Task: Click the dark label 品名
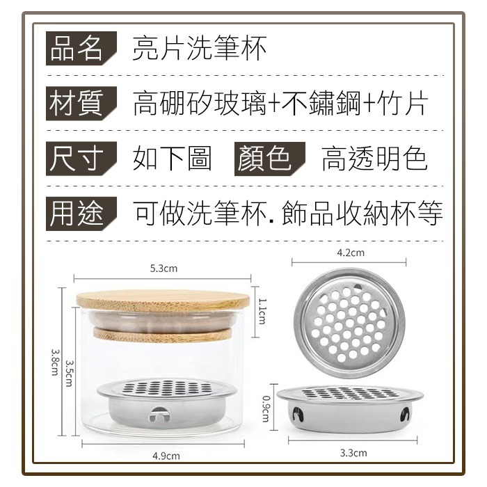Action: pyautogui.click(x=81, y=48)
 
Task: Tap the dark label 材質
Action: pyautogui.click(x=81, y=104)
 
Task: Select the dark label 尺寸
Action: pyautogui.click(x=81, y=159)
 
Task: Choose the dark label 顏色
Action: pyautogui.click(x=270, y=159)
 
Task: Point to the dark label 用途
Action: pyautogui.click(x=81, y=214)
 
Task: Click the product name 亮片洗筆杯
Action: pyautogui.click(x=200, y=48)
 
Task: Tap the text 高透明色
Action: pyautogui.click(x=374, y=159)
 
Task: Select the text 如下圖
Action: pyautogui.click(x=173, y=159)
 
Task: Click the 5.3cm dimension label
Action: pyautogui.click(x=163, y=269)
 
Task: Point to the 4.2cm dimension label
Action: pyautogui.click(x=351, y=253)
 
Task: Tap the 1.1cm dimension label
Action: pyautogui.click(x=262, y=311)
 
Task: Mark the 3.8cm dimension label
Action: pyautogui.click(x=55, y=362)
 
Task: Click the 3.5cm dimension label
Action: pyautogui.click(x=70, y=373)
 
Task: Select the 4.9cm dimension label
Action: pyautogui.click(x=166, y=456)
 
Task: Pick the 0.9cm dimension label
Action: pyautogui.click(x=266, y=408)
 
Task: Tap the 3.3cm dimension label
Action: pyautogui.click(x=353, y=453)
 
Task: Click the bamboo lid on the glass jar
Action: pyautogui.click(x=163, y=301)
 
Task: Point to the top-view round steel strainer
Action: pyautogui.click(x=349, y=324)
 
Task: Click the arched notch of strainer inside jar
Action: pyautogui.click(x=159, y=415)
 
